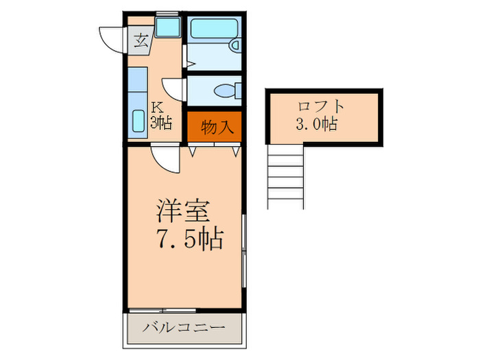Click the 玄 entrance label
tap(141, 40)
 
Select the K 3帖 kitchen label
tap(160, 116)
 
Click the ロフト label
tap(321, 108)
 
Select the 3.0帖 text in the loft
tap(316, 125)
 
